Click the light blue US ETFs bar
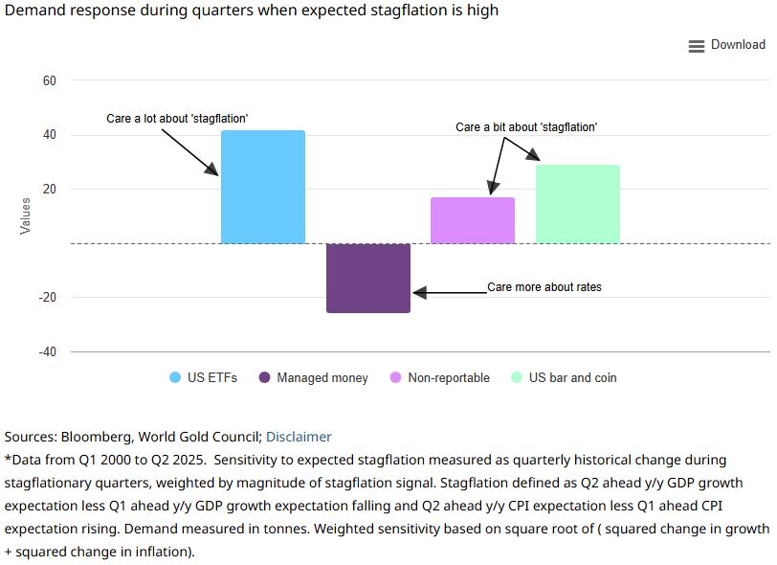tap(262, 187)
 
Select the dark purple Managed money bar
tap(368, 278)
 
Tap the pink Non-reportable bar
tap(473, 220)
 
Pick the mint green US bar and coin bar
tap(577, 204)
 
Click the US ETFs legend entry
tap(203, 377)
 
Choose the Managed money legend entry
tap(314, 377)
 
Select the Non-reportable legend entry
tap(440, 377)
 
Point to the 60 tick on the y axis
tap(50, 81)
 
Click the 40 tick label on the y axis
tap(50, 135)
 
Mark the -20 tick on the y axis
tap(47, 298)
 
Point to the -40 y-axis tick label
tap(47, 351)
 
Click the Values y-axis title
tap(26, 215)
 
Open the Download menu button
tap(726, 45)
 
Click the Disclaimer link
tap(299, 437)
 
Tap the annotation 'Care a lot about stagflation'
tap(177, 119)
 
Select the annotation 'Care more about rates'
tap(544, 286)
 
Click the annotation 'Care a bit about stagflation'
tap(525, 127)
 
